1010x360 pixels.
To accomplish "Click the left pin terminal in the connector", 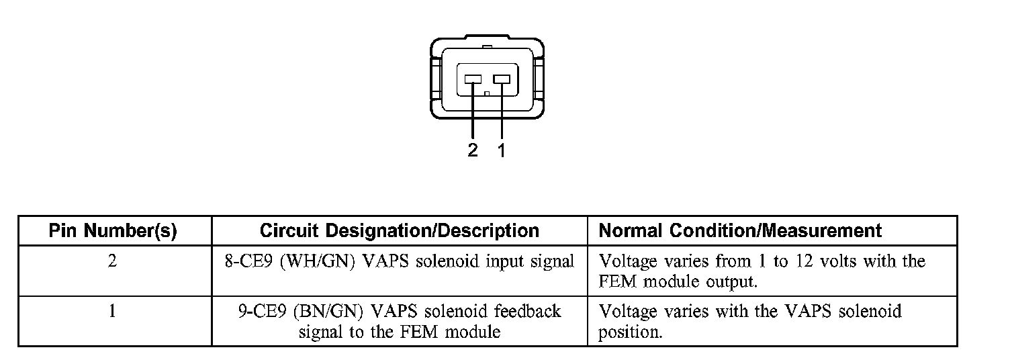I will click(x=473, y=79).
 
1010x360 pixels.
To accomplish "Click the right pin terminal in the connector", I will click(x=501, y=79).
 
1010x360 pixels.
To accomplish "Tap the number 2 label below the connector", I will click(x=473, y=150).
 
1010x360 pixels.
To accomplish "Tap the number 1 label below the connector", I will click(x=501, y=150).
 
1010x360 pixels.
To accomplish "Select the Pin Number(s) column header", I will click(x=113, y=231).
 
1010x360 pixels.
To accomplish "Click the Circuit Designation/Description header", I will click(x=399, y=231).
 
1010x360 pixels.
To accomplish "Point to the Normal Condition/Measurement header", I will click(x=739, y=231).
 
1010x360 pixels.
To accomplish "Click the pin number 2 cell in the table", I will click(x=112, y=261).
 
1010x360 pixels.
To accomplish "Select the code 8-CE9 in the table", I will click(x=248, y=261).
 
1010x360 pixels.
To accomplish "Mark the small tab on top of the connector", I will click(x=488, y=47).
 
